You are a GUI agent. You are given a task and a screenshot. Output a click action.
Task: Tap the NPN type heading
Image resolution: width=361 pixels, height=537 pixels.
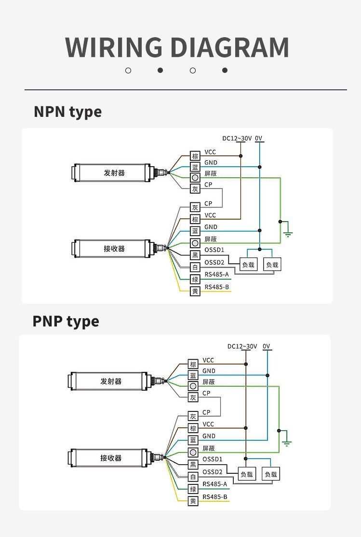[67, 112]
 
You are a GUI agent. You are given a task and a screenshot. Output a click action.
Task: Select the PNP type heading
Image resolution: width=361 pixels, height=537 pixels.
[66, 322]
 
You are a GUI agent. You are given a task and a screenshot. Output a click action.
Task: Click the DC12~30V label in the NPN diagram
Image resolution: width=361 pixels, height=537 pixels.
[237, 139]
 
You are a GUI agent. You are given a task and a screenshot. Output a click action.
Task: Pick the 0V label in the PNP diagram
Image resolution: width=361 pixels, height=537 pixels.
[267, 346]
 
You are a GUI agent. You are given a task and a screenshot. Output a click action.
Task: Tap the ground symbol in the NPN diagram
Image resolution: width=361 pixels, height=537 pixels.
[288, 234]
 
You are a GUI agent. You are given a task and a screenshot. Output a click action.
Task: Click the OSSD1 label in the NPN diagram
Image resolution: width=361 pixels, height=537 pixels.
[214, 250]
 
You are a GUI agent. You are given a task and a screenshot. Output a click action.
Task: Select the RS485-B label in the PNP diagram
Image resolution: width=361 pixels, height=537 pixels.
[214, 496]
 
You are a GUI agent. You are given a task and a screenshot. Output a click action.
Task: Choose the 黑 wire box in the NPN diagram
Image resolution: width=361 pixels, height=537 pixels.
[195, 255]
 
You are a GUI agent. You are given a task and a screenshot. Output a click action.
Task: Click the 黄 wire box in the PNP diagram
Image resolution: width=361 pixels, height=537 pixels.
[193, 501]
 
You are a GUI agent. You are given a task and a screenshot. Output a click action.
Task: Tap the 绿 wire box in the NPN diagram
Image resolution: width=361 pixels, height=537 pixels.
[195, 279]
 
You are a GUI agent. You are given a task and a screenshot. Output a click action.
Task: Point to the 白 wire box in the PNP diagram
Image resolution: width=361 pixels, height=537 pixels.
[193, 477]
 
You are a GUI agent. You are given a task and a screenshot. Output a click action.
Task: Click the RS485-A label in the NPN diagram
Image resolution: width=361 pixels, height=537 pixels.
[216, 275]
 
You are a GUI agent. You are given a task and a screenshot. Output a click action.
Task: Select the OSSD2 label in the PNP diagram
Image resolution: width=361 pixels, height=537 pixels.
[212, 472]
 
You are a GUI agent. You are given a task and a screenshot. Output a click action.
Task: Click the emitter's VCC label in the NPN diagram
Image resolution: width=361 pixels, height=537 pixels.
[210, 152]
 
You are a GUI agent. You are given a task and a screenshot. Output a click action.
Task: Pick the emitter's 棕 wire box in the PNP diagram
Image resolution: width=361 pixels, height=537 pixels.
[193, 364]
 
